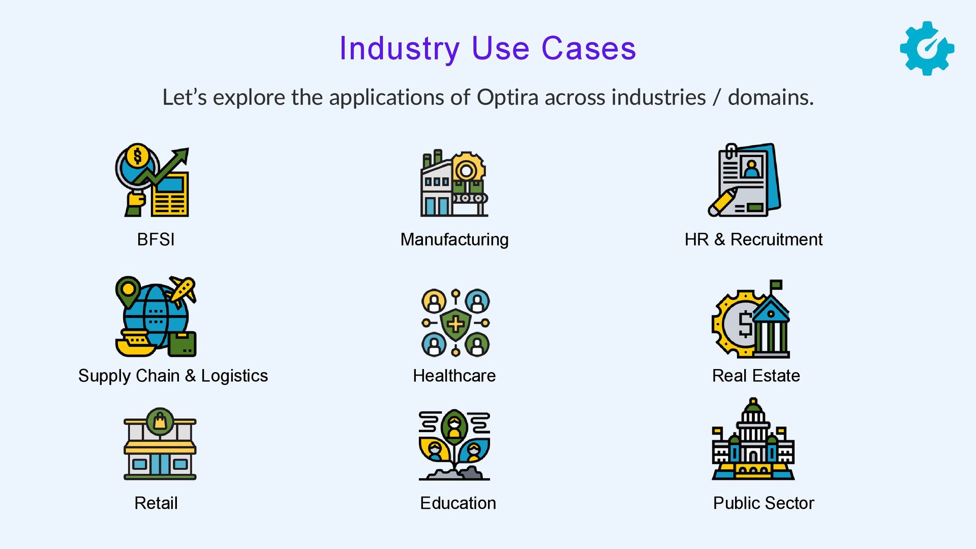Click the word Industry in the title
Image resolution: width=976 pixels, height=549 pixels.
(x=399, y=49)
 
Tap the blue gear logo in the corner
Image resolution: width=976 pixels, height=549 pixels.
(x=927, y=48)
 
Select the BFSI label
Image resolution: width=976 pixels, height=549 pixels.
(x=156, y=239)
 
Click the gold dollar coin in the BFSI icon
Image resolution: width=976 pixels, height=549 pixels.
(x=137, y=156)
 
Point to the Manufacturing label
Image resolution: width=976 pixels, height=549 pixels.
(x=454, y=239)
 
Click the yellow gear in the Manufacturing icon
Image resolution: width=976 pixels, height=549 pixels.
(x=466, y=169)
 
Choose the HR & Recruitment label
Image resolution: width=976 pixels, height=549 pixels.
(x=753, y=239)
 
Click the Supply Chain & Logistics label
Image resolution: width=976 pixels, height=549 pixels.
(x=173, y=376)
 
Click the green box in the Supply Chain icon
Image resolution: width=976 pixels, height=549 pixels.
(x=182, y=345)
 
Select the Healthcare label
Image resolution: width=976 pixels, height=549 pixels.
(x=454, y=376)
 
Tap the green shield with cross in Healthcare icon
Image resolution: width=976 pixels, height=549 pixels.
(x=455, y=324)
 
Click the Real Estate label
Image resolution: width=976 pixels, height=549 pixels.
(x=756, y=376)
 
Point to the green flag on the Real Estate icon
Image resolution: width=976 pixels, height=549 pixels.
(x=776, y=284)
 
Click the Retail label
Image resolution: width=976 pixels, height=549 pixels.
(x=156, y=503)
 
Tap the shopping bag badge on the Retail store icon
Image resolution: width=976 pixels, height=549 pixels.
(x=160, y=421)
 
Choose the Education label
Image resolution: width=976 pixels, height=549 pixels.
(x=457, y=503)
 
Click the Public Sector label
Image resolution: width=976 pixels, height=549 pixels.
(x=763, y=503)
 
